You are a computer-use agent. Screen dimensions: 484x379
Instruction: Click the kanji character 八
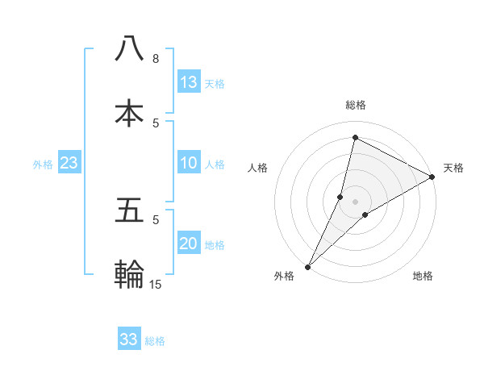pyautogui.click(x=129, y=48)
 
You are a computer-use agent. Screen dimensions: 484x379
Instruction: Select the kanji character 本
pyautogui.click(x=129, y=112)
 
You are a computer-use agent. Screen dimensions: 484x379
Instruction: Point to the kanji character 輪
pyautogui.click(x=129, y=274)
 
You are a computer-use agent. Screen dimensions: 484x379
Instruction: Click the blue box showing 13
pyautogui.click(x=189, y=82)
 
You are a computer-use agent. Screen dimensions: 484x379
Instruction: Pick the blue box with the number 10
pyautogui.click(x=189, y=163)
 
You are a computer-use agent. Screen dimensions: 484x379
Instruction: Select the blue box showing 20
pyautogui.click(x=189, y=244)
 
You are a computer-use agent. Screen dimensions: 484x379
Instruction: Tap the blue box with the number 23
pyautogui.click(x=69, y=163)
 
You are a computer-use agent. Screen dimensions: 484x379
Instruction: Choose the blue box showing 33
pyautogui.click(x=129, y=339)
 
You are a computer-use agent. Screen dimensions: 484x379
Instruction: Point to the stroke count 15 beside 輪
pyautogui.click(x=156, y=284)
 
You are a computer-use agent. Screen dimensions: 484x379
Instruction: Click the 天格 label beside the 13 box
pyautogui.click(x=215, y=83)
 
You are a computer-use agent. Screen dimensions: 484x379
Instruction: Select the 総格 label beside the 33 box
pyautogui.click(x=155, y=340)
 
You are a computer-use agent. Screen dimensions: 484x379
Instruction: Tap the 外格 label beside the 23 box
pyautogui.click(x=43, y=164)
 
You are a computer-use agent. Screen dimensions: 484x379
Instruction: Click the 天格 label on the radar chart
pyautogui.click(x=453, y=168)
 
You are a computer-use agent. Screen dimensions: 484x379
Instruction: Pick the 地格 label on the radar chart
pyautogui.click(x=423, y=276)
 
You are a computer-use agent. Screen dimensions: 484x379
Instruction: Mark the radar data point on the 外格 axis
pyautogui.click(x=307, y=266)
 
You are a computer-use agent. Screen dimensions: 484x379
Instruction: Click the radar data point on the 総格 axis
pyautogui.click(x=355, y=137)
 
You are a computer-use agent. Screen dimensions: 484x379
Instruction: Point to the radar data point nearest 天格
pyautogui.click(x=432, y=177)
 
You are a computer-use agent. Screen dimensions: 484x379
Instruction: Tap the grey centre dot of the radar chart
pyautogui.click(x=355, y=201)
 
